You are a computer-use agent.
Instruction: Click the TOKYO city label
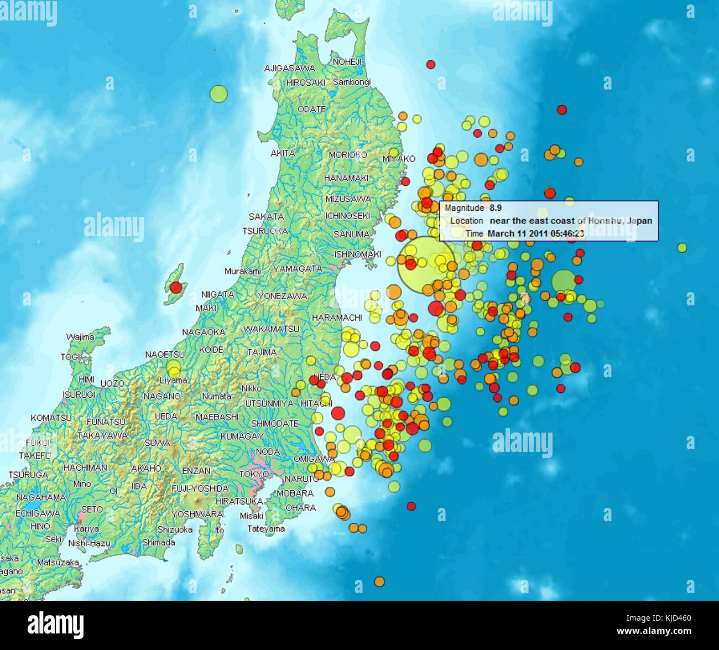(254, 474)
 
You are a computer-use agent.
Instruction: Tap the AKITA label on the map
(283, 153)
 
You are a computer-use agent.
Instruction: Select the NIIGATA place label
(217, 294)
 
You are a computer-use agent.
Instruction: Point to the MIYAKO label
(399, 159)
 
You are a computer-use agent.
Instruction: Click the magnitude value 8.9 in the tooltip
(496, 208)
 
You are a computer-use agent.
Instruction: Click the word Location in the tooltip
(466, 221)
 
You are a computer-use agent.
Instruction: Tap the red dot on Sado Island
(175, 287)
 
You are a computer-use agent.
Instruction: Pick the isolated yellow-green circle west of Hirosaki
(218, 93)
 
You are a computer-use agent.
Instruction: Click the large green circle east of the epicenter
(564, 281)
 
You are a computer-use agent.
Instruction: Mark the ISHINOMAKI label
(358, 254)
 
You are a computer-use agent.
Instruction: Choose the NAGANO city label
(162, 396)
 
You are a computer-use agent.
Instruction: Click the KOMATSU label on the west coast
(51, 418)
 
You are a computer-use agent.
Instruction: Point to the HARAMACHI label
(337, 318)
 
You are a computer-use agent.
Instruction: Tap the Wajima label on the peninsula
(80, 337)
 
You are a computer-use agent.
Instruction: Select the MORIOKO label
(348, 155)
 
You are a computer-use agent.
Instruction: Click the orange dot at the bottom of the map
(379, 581)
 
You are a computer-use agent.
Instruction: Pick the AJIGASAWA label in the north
(289, 69)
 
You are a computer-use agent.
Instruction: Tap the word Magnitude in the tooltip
(464, 208)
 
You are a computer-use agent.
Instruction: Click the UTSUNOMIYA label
(269, 403)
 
